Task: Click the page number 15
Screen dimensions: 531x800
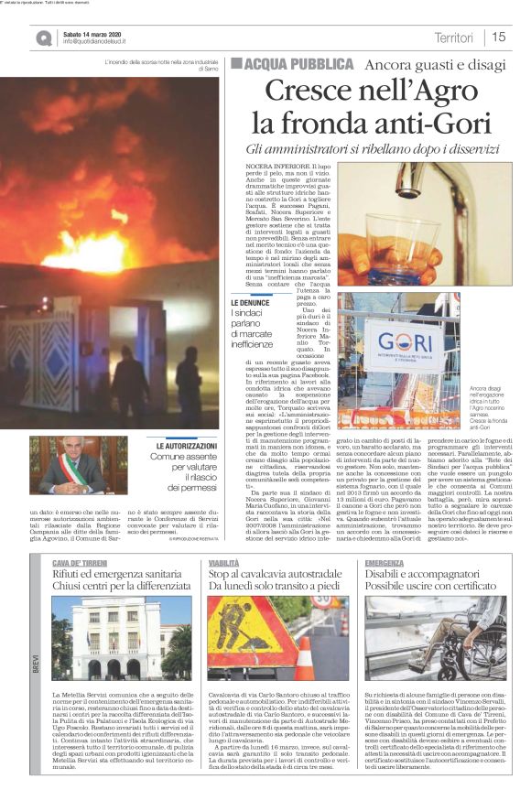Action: [499, 38]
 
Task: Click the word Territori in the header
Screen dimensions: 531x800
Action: [454, 38]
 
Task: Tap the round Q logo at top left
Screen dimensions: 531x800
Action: [44, 38]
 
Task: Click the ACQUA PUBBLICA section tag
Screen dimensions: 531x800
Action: [292, 64]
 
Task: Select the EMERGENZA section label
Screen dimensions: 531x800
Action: [384, 562]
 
